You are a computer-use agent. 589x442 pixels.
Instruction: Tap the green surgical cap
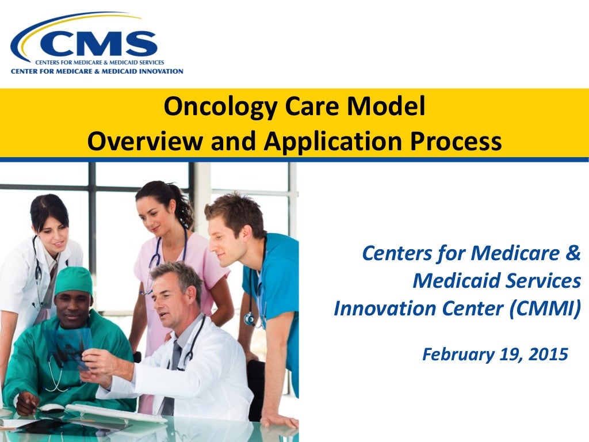tap(73, 280)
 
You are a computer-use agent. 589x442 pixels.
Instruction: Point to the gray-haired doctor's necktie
tap(171, 374)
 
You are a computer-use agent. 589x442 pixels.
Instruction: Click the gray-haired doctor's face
tap(172, 295)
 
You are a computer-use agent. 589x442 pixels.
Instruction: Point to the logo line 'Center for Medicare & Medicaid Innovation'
tap(97, 71)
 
